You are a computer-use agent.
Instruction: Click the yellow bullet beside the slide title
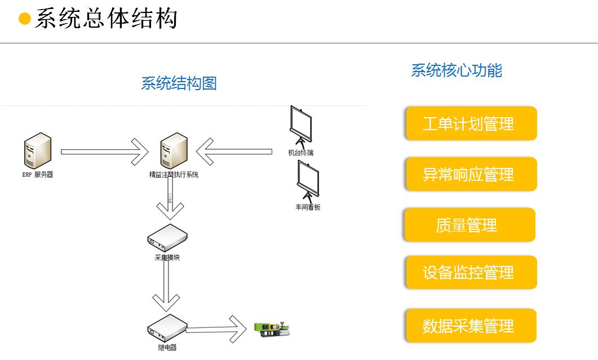(25, 19)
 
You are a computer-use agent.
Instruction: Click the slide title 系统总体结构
(106, 19)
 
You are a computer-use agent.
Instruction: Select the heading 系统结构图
(179, 84)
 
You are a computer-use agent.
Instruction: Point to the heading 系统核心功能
(456, 70)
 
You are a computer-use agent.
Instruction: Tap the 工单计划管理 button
(471, 123)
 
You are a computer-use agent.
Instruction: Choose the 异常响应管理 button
(471, 174)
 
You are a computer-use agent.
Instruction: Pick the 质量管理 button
(469, 225)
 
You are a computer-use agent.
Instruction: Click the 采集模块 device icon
(167, 237)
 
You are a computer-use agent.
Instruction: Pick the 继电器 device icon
(167, 326)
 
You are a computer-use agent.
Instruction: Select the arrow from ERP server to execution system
(104, 151)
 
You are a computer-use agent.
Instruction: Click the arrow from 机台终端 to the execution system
(234, 151)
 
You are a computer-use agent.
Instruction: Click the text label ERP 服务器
(38, 175)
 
